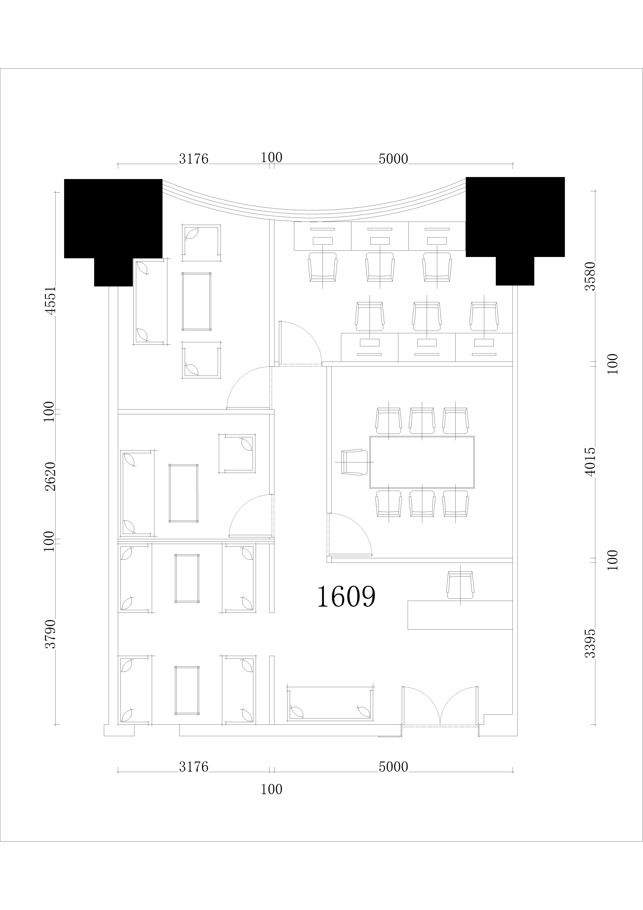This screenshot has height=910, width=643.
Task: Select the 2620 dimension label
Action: click(x=50, y=477)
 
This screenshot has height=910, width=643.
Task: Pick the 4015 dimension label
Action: click(x=591, y=462)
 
